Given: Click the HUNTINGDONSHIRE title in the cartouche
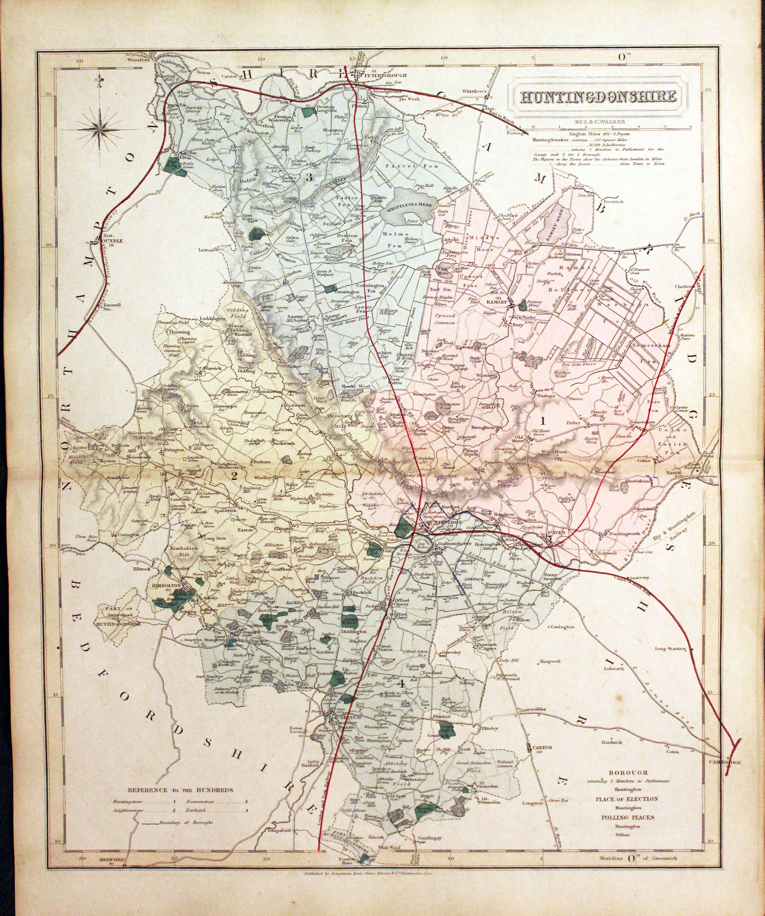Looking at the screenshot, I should click(599, 96).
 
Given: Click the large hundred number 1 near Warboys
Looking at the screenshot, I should click(543, 421).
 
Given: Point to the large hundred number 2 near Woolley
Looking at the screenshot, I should click(234, 476).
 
